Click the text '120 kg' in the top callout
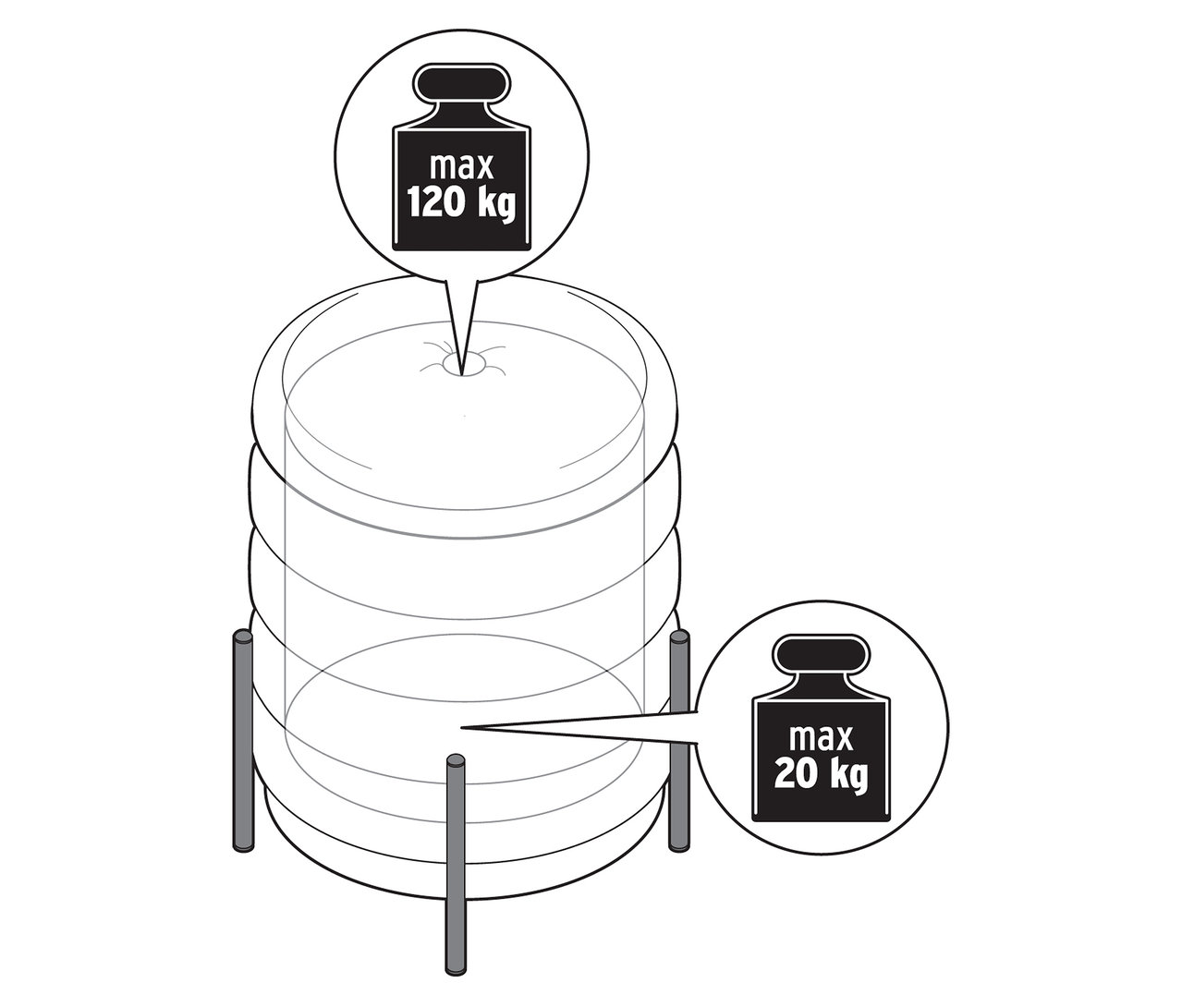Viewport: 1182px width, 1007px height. tap(461, 201)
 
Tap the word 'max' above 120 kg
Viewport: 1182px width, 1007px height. tap(461, 167)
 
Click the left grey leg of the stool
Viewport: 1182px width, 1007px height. tap(243, 739)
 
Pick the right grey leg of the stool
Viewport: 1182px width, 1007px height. tap(680, 739)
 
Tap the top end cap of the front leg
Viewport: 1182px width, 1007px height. tap(455, 762)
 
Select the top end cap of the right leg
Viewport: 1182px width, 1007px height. tap(680, 637)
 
